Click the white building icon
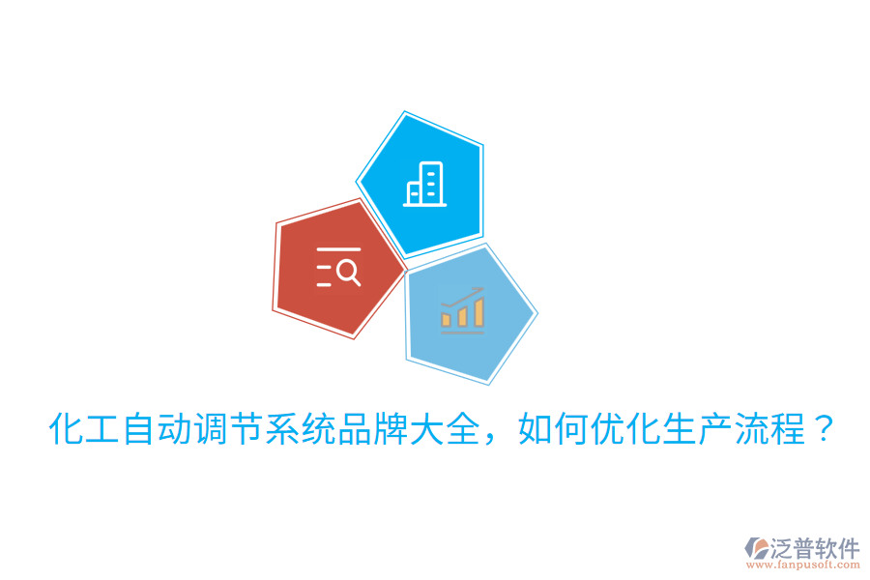tap(425, 182)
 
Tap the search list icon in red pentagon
tap(338, 267)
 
